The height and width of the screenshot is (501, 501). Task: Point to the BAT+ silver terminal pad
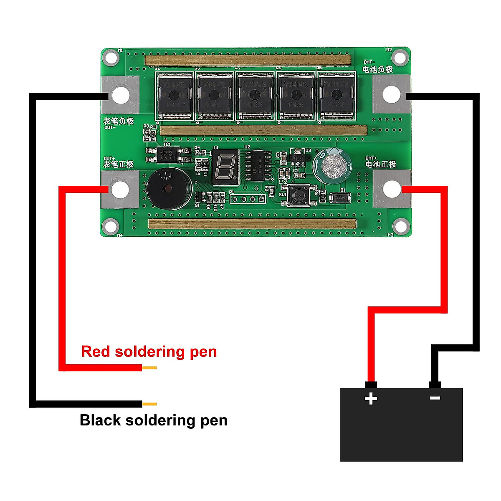391,189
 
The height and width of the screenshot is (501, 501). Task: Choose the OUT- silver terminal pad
120,95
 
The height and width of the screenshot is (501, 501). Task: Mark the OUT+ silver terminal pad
120,189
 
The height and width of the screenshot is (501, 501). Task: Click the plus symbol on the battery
371,399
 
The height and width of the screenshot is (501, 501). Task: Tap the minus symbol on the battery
435,398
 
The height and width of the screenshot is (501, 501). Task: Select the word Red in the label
96,352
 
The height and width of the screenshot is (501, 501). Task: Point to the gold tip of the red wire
149,368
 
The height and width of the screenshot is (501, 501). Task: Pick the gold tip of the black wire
149,404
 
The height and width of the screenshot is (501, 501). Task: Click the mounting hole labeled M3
400,226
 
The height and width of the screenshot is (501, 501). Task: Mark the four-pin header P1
248,199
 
